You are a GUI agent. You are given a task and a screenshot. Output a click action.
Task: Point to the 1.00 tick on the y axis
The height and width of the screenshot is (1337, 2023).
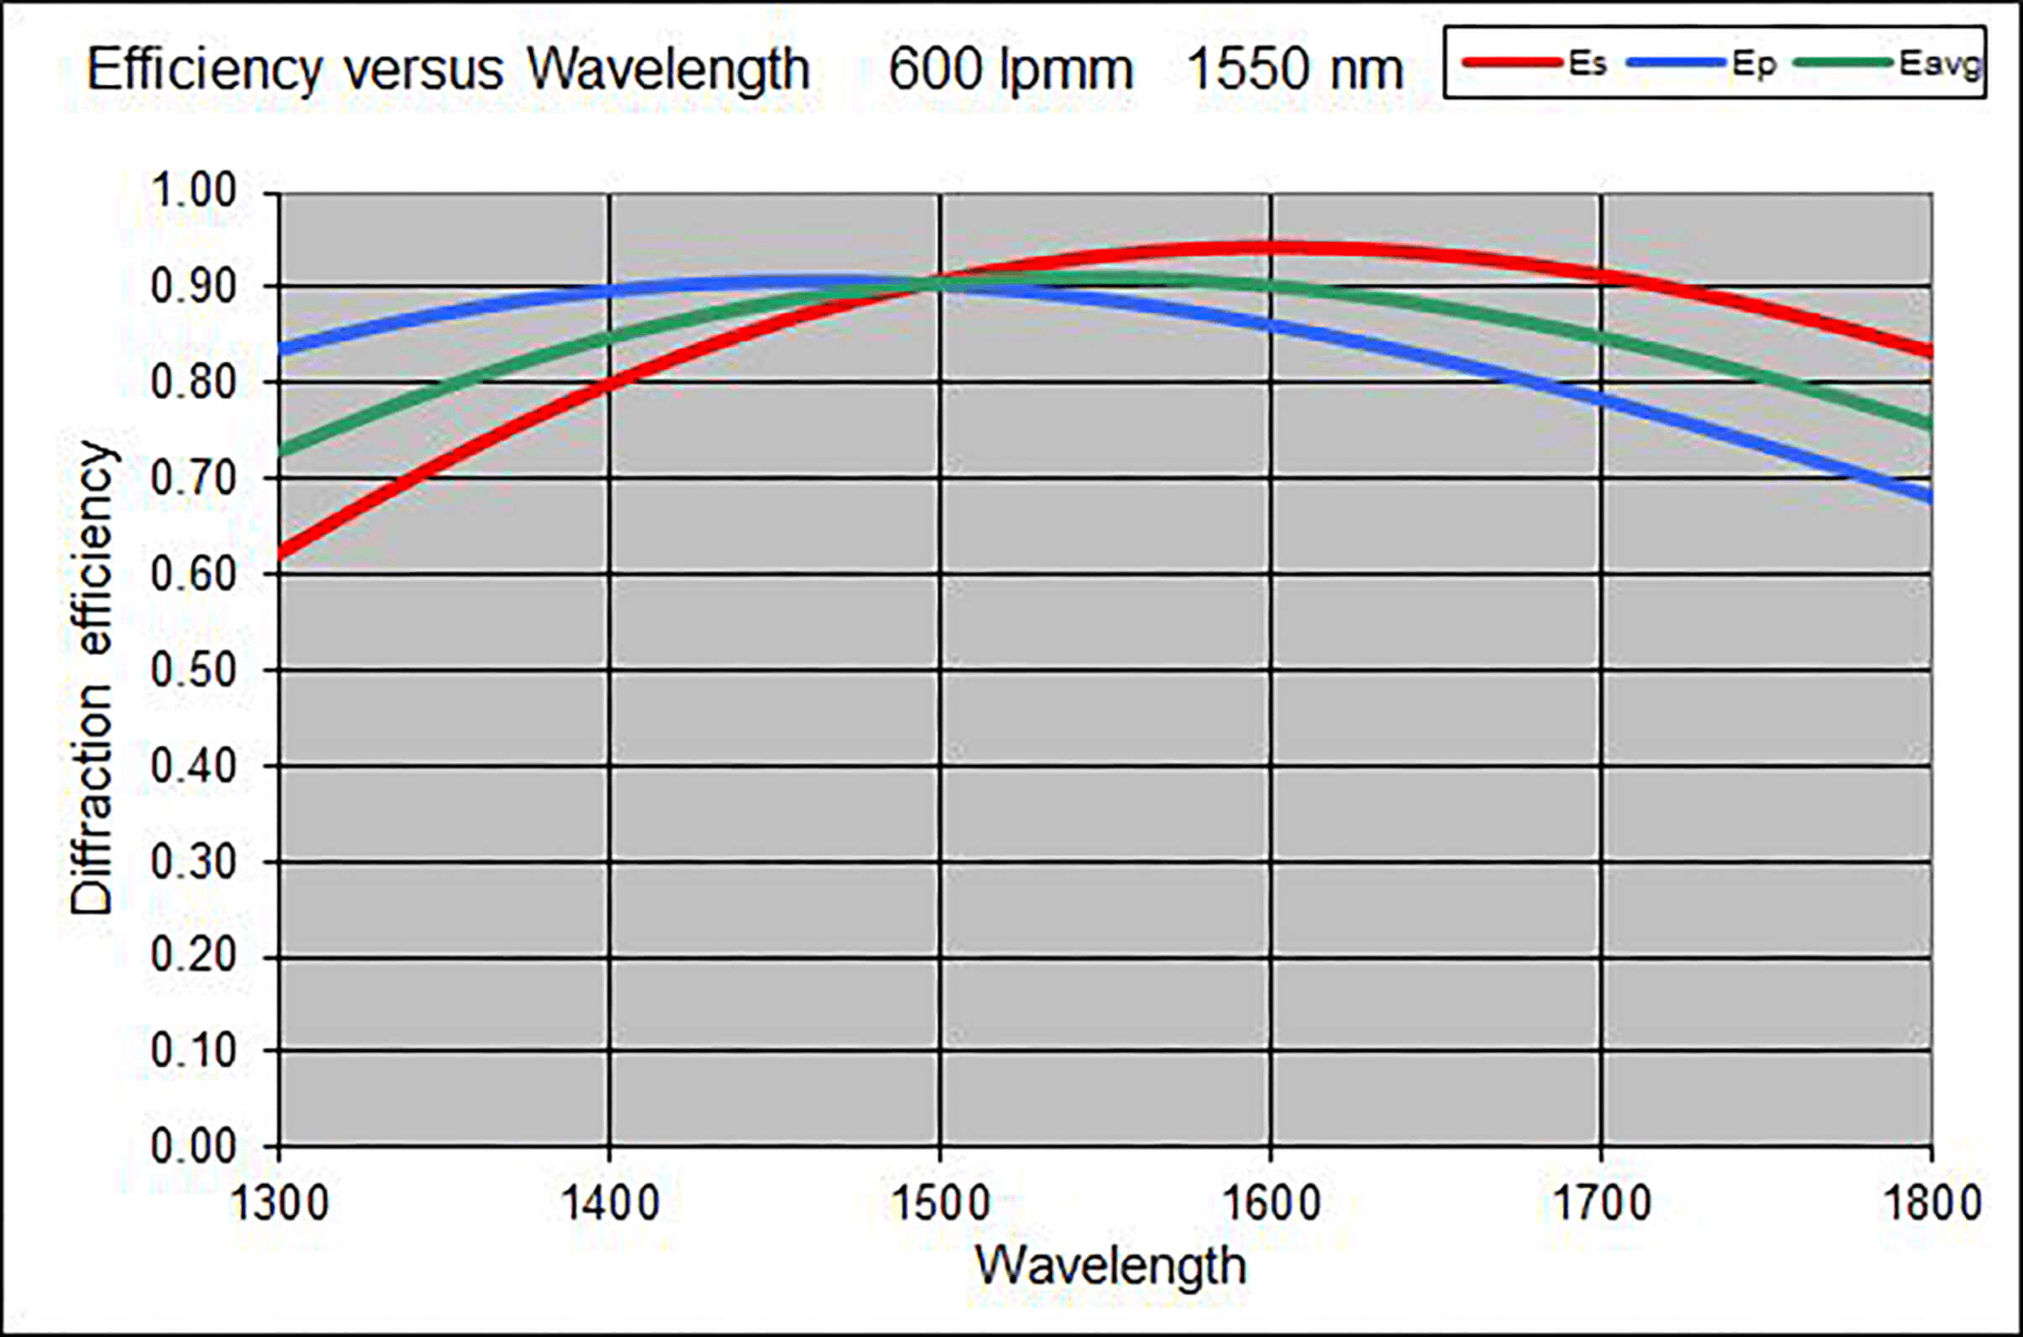(x=194, y=191)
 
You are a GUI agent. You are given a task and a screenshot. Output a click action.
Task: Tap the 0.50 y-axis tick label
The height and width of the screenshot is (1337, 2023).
(x=194, y=671)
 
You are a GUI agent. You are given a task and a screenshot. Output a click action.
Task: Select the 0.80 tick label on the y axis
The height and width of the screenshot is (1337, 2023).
(x=194, y=382)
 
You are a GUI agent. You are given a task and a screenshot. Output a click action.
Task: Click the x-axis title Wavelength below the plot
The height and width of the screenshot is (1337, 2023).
(x=1110, y=1266)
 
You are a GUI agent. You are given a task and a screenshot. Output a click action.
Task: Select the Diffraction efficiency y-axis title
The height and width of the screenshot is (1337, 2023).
(x=92, y=678)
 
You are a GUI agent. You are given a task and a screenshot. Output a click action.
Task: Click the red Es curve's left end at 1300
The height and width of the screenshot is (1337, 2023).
(x=282, y=554)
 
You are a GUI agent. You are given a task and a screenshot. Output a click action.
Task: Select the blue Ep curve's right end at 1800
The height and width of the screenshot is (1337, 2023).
(x=1929, y=497)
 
